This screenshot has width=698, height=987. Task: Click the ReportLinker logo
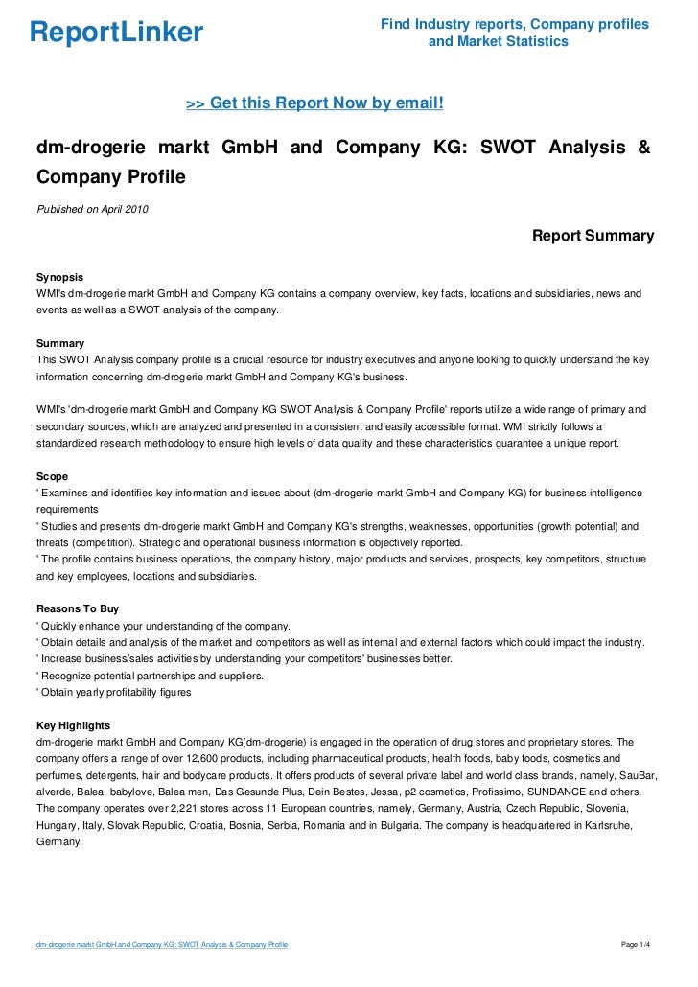[117, 34]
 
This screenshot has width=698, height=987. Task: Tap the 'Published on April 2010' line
[92, 210]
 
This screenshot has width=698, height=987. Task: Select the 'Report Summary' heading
[593, 236]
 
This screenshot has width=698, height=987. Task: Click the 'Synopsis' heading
[59, 274]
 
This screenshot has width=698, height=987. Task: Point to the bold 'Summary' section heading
[59, 343]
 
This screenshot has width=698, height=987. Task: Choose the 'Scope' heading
[52, 475]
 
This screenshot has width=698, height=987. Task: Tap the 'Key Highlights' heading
[73, 725]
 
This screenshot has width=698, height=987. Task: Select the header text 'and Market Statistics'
[498, 42]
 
